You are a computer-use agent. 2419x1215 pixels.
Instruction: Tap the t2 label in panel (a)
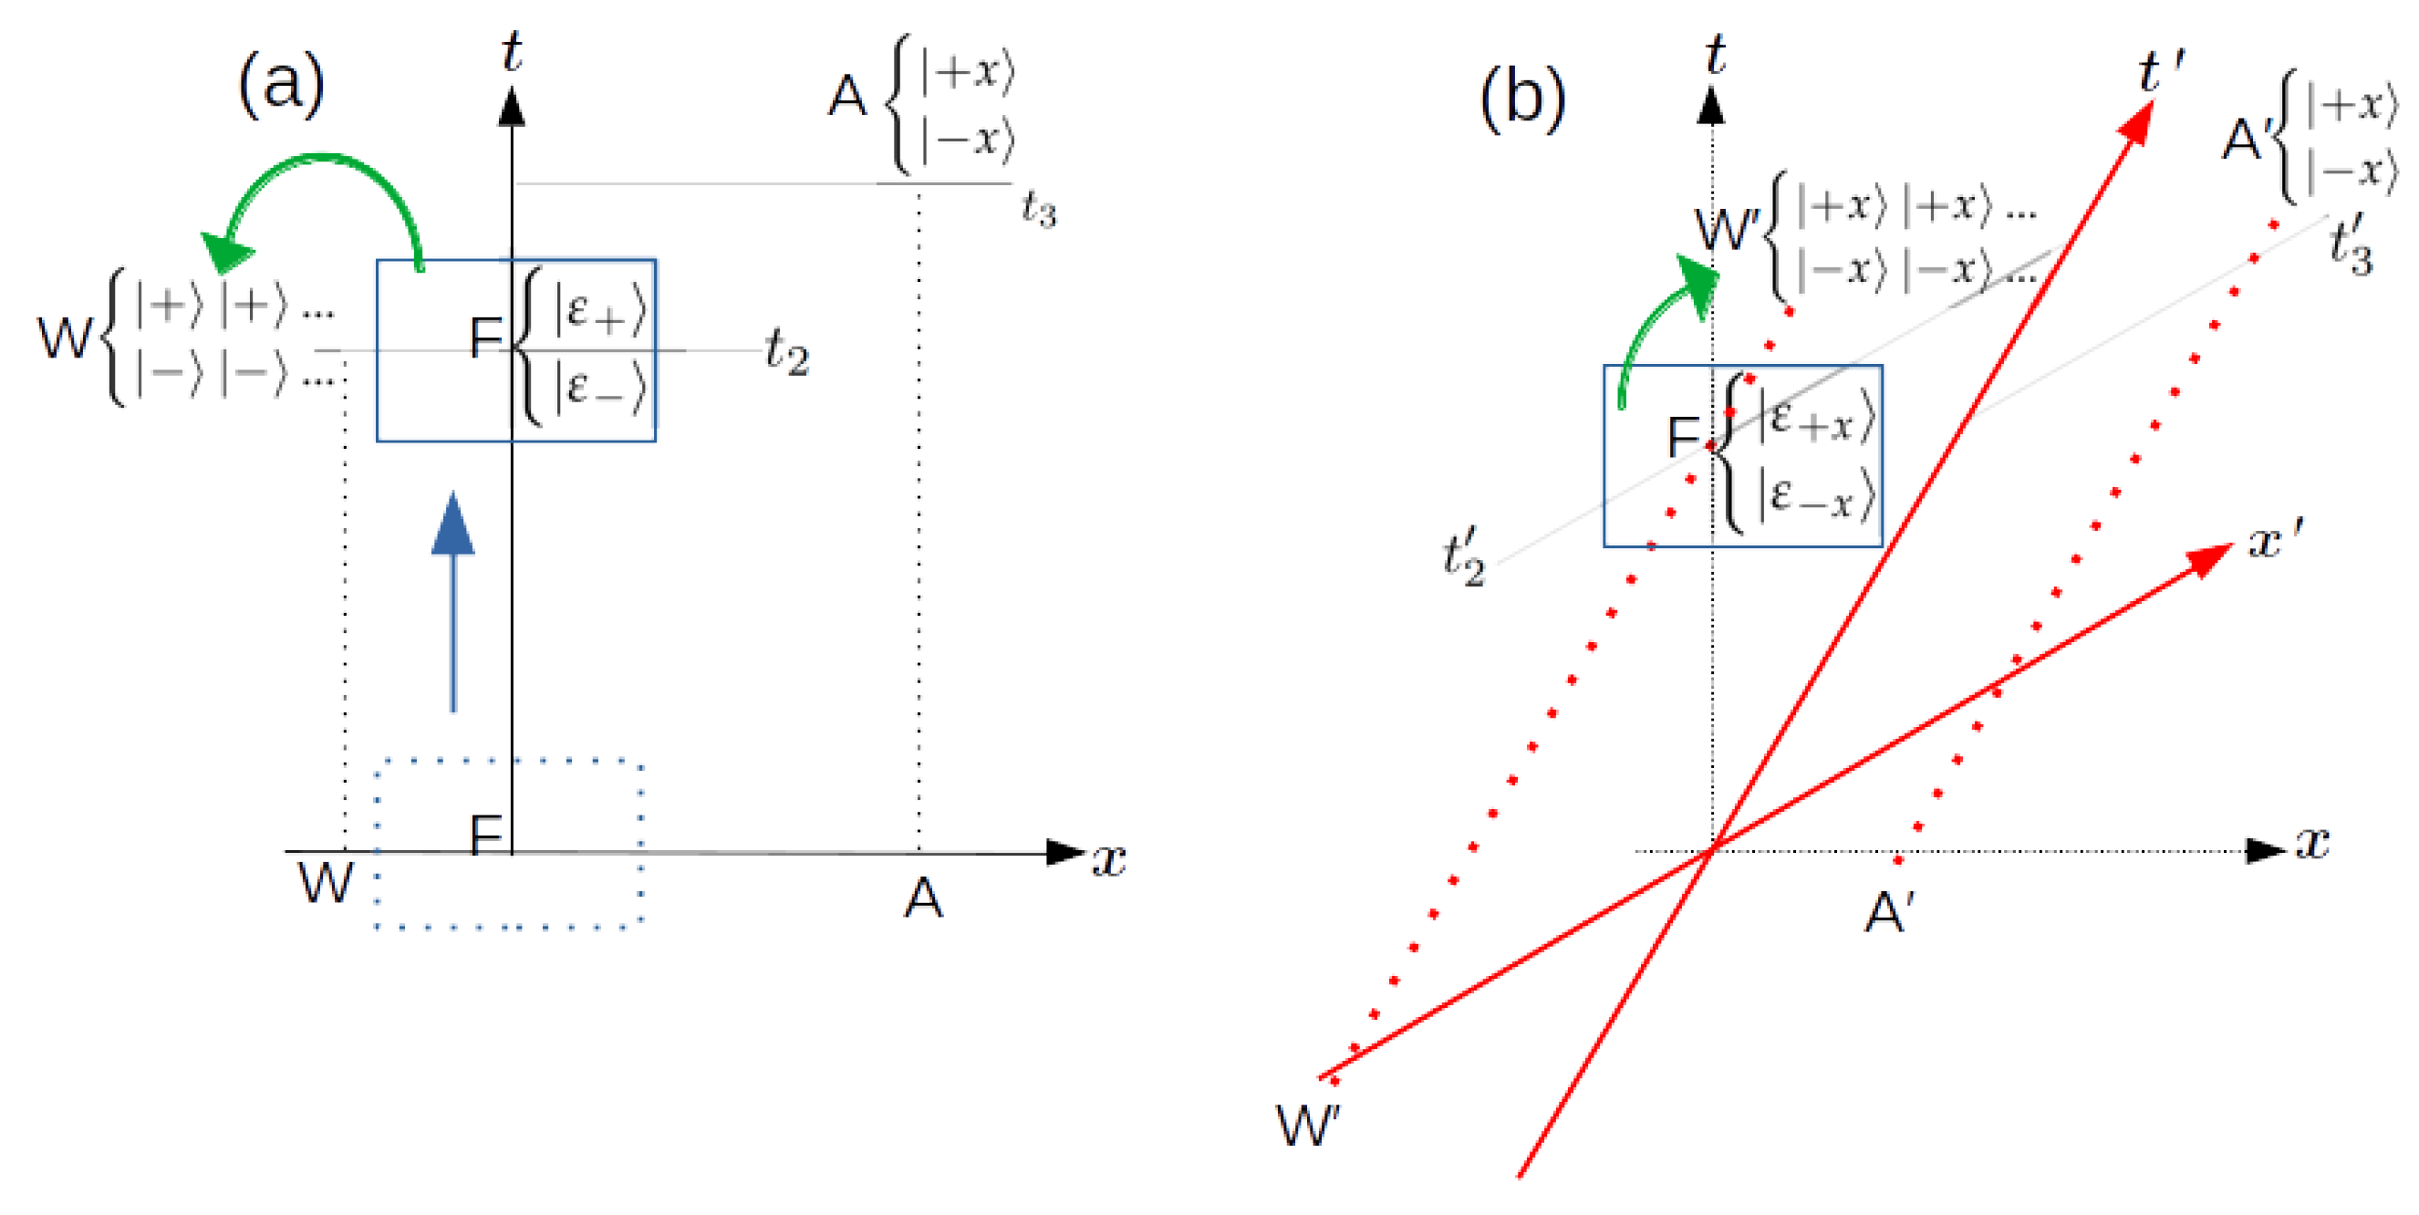786,352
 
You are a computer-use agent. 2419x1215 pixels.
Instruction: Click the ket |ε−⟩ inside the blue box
599,387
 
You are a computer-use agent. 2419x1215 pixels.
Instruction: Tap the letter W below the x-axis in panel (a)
325,883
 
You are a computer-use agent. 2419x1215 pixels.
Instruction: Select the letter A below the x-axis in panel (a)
922,898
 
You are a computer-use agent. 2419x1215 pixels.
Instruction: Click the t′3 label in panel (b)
2352,244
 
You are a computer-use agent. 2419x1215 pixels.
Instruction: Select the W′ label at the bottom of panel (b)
1308,1124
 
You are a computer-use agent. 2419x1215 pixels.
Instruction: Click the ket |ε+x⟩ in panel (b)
1816,417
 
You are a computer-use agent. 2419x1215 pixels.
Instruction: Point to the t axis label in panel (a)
511,52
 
